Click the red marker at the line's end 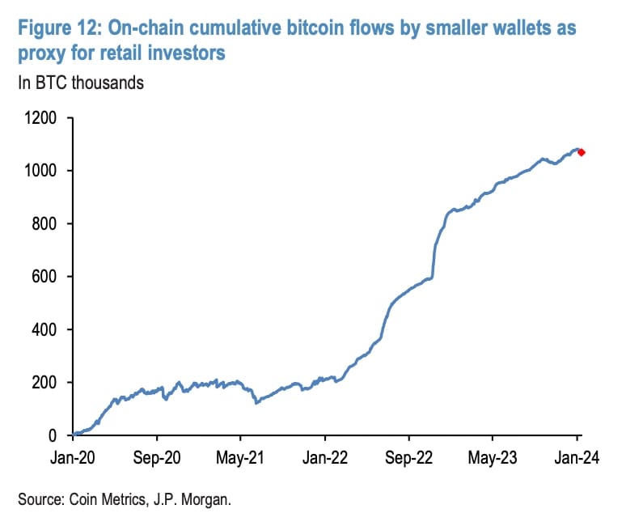580,152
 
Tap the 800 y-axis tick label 46,224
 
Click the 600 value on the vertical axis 46,277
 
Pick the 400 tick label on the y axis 46,330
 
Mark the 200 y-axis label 46,383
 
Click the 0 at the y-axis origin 56,436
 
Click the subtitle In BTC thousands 79,83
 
